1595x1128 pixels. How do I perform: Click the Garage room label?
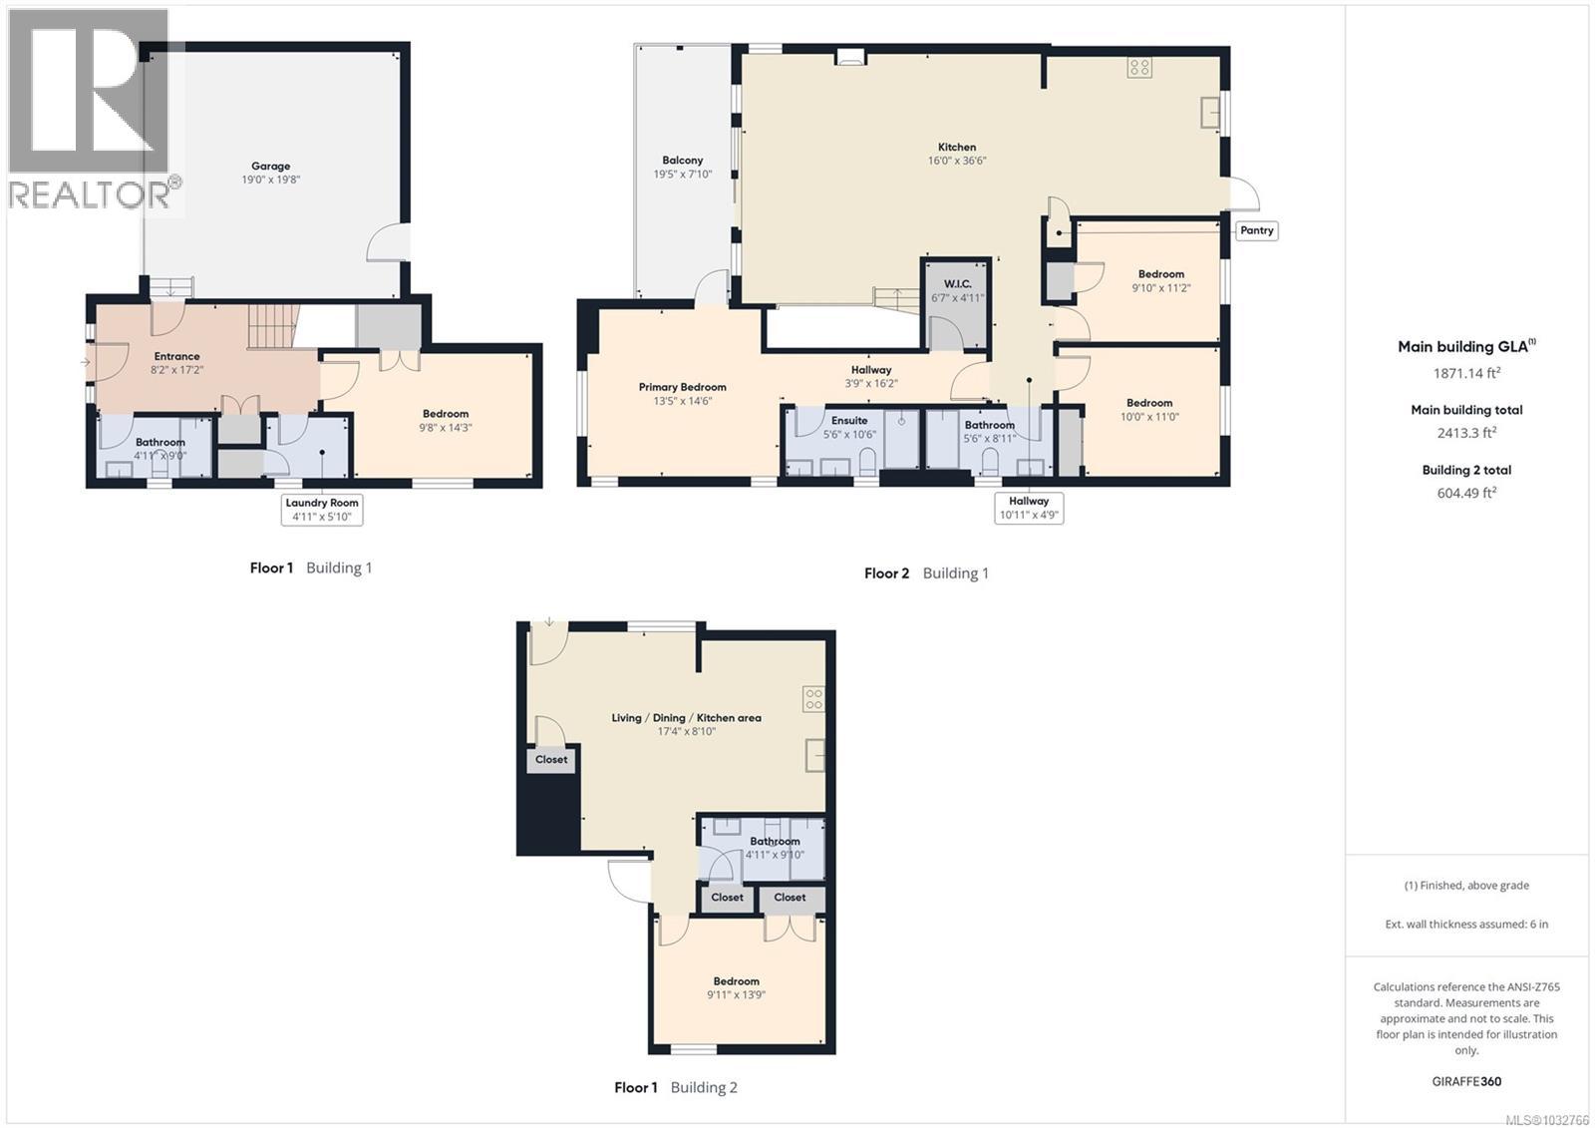click(x=270, y=173)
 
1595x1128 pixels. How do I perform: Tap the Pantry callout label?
click(x=1256, y=230)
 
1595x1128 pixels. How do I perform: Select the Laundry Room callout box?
click(x=322, y=510)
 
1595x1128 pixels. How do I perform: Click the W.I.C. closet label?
click(x=957, y=290)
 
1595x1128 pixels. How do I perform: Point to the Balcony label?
click(x=683, y=167)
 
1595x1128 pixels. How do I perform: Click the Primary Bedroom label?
click(x=683, y=393)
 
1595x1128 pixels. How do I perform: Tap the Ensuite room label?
click(x=849, y=427)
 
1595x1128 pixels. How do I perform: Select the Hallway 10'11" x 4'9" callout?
click(x=1029, y=508)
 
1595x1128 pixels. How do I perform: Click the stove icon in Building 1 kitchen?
click(x=1140, y=68)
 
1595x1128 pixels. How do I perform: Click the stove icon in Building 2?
click(x=813, y=698)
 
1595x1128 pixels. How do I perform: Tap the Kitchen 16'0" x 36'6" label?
click(x=957, y=154)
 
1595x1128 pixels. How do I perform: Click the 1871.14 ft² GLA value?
click(x=1466, y=373)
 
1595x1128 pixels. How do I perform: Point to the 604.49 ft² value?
click(x=1466, y=493)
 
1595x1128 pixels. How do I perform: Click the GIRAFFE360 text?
click(x=1466, y=1081)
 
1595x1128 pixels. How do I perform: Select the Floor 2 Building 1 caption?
click(x=926, y=573)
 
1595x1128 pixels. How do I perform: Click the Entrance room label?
click(x=176, y=362)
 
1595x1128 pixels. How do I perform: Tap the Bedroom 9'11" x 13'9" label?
click(x=737, y=987)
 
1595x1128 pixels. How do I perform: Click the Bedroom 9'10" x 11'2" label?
click(x=1161, y=280)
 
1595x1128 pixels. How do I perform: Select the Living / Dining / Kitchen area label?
click(x=686, y=724)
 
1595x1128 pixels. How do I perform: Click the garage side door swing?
click(x=388, y=242)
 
